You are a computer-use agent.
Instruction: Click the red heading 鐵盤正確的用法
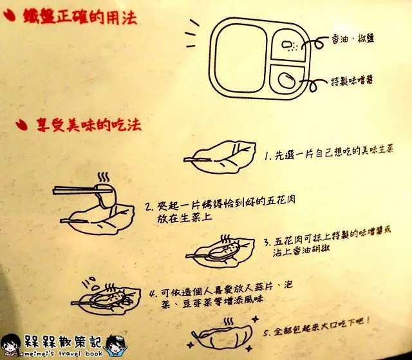(80, 17)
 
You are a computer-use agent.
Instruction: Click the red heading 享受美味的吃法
(89, 124)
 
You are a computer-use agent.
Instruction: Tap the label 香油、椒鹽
(353, 39)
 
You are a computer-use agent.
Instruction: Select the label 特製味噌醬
(351, 80)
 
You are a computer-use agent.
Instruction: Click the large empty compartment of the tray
(240, 58)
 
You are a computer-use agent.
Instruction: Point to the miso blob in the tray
(286, 81)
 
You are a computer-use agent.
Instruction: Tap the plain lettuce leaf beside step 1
(220, 157)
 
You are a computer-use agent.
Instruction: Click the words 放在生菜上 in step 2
(185, 218)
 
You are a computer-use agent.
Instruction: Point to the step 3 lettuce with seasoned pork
(220, 251)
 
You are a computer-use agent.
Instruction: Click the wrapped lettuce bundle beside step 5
(222, 334)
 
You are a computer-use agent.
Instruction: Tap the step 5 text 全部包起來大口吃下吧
(317, 328)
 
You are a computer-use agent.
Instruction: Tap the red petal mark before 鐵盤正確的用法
(9, 15)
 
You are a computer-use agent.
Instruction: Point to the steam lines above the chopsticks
(103, 177)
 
